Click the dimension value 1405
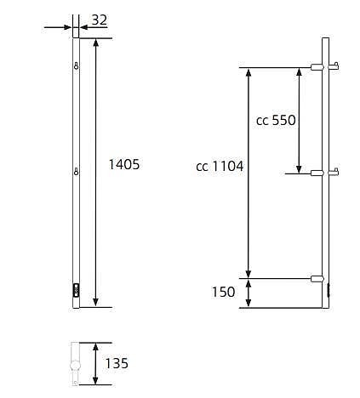pyautogui.click(x=124, y=165)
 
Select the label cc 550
pyautogui.click(x=276, y=121)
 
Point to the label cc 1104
pyautogui.click(x=220, y=167)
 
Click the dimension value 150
pyautogui.click(x=223, y=293)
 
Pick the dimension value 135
pyautogui.click(x=116, y=363)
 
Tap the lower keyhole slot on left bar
pyautogui.click(x=77, y=173)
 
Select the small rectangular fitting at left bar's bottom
pyautogui.click(x=77, y=289)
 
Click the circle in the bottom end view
pyautogui.click(x=75, y=368)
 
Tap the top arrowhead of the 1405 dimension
pyautogui.click(x=94, y=43)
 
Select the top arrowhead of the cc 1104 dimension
pyautogui.click(x=249, y=73)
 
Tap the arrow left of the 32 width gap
pyautogui.click(x=67, y=27)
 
